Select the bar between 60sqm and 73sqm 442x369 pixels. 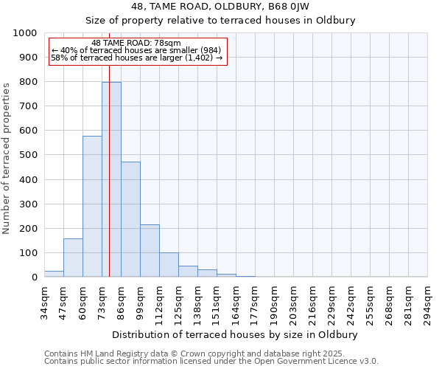click(x=92, y=207)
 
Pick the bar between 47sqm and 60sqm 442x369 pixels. click(x=73, y=258)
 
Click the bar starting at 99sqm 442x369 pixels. click(x=150, y=251)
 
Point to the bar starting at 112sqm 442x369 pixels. click(x=169, y=265)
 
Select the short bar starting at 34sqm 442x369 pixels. click(x=54, y=274)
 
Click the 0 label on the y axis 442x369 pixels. click(x=34, y=277)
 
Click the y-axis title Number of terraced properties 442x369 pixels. click(x=7, y=158)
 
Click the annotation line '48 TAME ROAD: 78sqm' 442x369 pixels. click(x=136, y=44)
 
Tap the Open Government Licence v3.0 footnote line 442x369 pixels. click(x=211, y=362)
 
